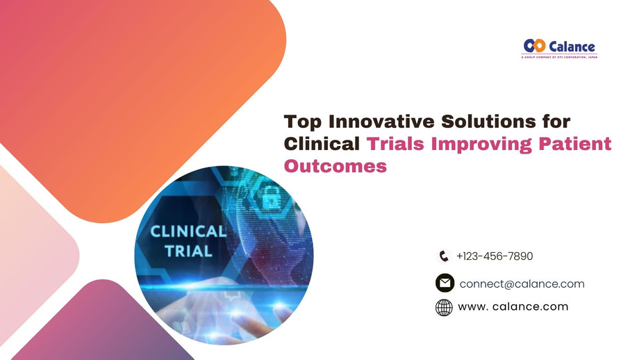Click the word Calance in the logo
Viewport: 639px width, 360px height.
[572, 47]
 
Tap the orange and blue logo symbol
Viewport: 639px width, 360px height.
[535, 47]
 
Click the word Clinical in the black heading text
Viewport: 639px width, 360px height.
[322, 144]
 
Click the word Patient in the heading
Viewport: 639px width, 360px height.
[578, 144]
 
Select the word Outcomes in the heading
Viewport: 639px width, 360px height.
[335, 166]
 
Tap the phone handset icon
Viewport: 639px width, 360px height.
[444, 256]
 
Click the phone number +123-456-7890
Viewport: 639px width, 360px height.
[495, 256]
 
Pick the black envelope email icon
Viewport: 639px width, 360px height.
[445, 284]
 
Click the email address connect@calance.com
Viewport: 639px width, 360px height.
[522, 284]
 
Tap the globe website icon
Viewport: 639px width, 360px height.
[444, 307]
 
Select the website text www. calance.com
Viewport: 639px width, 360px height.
[513, 306]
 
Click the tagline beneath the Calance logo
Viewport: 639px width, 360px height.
[559, 57]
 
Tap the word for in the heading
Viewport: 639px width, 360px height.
[556, 122]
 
